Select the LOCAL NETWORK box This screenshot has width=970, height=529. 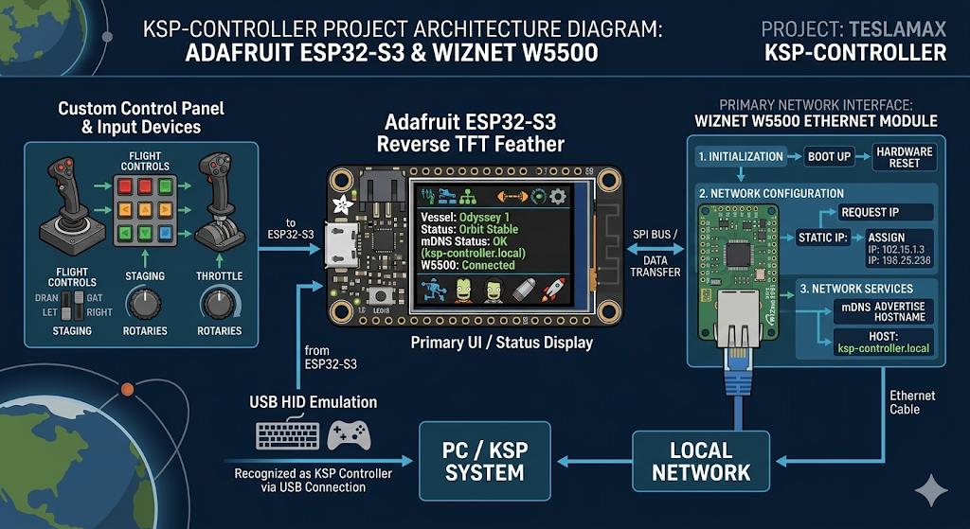(x=701, y=461)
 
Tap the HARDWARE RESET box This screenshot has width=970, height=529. (x=904, y=157)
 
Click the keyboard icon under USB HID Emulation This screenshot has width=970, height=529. (x=286, y=435)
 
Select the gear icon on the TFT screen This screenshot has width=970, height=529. (x=558, y=196)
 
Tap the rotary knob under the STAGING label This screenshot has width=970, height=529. (x=144, y=304)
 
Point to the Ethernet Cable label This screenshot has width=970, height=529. (x=912, y=402)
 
